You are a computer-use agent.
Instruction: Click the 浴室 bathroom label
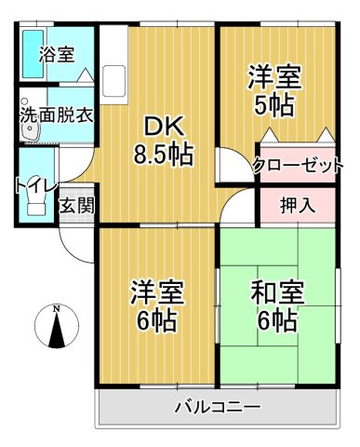56,55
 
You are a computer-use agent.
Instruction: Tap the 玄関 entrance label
76,206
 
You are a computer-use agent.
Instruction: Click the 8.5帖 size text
164,155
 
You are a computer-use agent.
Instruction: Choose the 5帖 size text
273,104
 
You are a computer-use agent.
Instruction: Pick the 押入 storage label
298,204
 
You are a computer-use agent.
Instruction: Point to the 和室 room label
273,292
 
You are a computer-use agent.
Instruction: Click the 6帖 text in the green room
273,322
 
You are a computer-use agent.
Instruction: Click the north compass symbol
57,330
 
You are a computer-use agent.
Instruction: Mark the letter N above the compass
57,308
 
